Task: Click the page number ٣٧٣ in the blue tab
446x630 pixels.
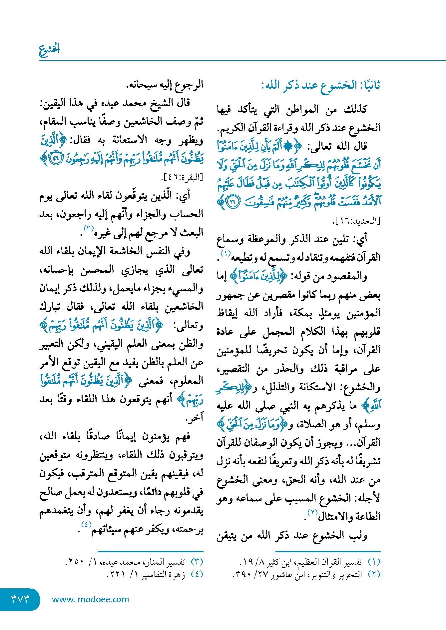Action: point(20,599)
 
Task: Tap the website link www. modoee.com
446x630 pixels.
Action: point(90,599)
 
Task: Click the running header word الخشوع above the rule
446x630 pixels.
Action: point(49,49)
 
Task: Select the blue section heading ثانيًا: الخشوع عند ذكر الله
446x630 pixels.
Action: point(320,85)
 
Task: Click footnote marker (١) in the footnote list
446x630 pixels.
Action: point(374,562)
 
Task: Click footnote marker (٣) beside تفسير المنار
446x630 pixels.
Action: point(197,562)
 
